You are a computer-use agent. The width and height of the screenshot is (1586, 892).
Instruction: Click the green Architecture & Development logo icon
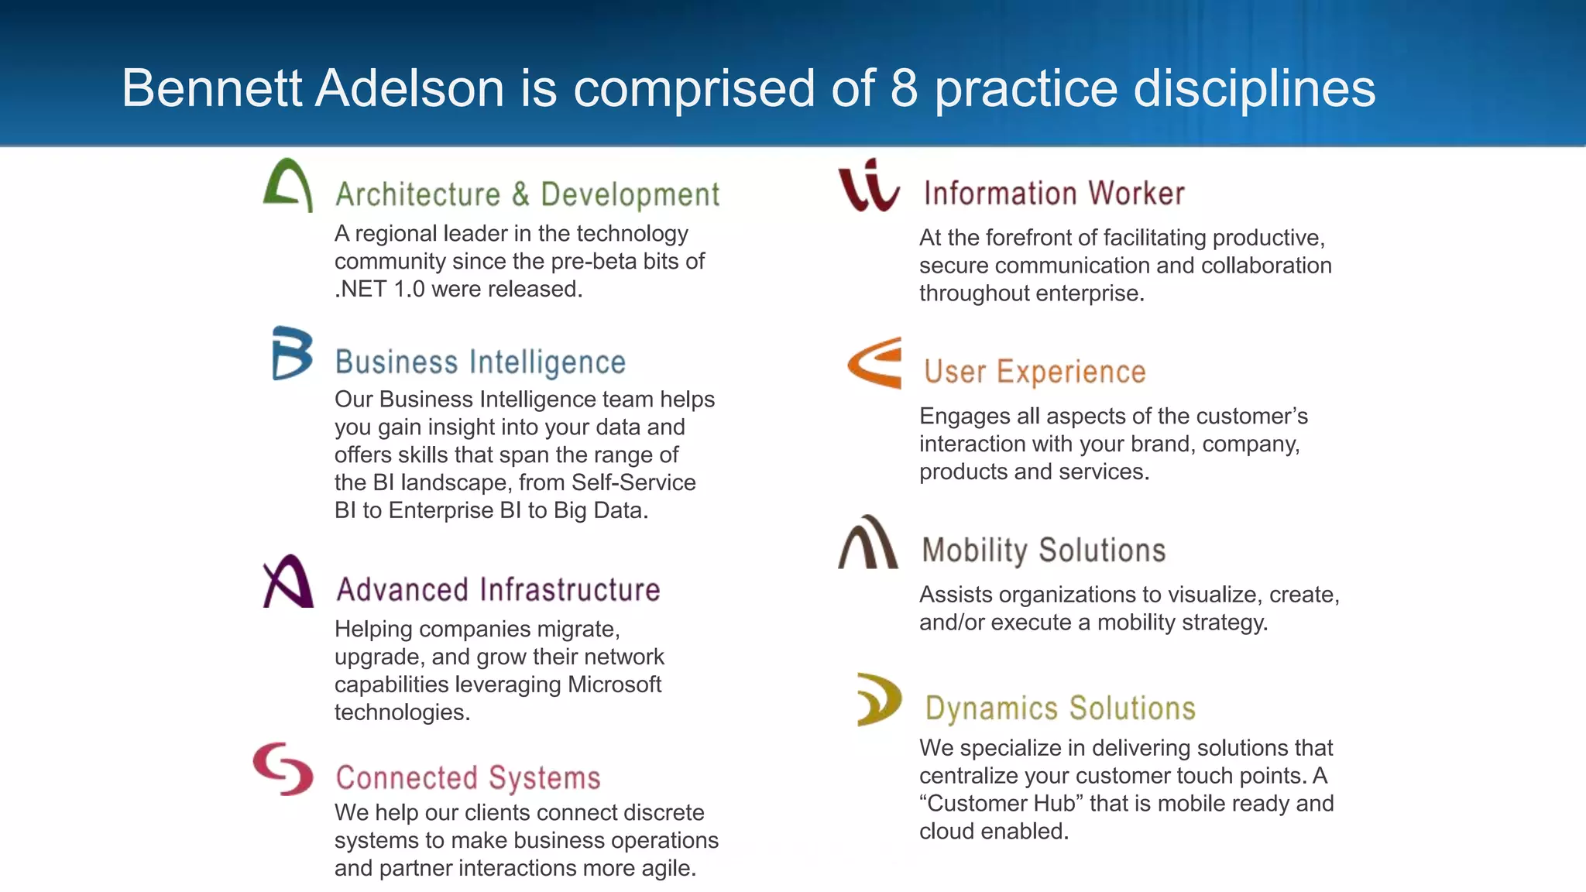click(288, 185)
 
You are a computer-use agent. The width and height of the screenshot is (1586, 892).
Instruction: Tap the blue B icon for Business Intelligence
click(292, 353)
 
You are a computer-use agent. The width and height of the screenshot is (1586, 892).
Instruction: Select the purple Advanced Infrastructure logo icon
click(288, 582)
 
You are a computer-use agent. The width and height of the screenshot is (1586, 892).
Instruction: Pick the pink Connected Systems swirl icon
click(283, 769)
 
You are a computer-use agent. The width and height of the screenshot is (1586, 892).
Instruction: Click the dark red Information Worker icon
click(869, 186)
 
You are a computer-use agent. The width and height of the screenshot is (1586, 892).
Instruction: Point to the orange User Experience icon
click(875, 362)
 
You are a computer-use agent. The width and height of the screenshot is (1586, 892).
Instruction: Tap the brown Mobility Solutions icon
click(868, 543)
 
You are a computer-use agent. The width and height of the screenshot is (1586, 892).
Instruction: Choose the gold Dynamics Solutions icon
click(879, 699)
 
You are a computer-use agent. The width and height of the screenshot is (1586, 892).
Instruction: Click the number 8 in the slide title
click(904, 87)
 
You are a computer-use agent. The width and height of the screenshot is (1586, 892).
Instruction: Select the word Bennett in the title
click(211, 87)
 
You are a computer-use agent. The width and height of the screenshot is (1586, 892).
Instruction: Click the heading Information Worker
click(1054, 194)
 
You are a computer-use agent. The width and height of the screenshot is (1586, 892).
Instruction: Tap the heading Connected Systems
click(468, 777)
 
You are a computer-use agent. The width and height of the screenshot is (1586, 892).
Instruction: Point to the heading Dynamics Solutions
click(1060, 708)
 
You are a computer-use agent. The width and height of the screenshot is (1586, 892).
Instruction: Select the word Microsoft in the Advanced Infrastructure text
click(614, 684)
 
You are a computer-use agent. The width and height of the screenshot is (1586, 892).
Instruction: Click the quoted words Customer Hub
click(1001, 804)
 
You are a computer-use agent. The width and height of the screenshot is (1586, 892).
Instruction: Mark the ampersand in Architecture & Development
click(520, 194)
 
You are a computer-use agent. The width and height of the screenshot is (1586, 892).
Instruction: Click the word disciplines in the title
click(1255, 87)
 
